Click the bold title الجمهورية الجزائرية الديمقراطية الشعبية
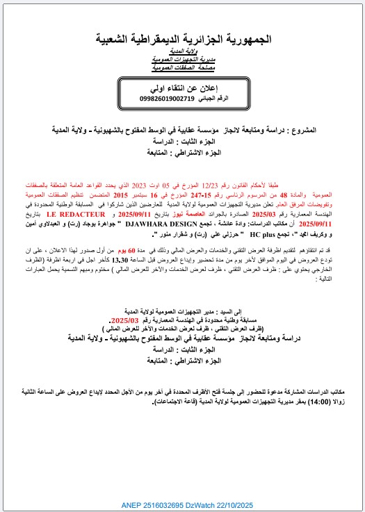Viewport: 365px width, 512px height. pyautogui.click(x=182, y=40)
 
